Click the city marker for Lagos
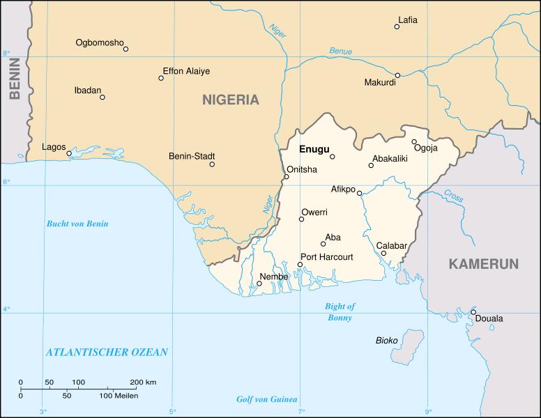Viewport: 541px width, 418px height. [x=69, y=153]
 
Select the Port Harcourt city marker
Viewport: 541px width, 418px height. [x=300, y=265]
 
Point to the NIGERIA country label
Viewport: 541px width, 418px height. [x=230, y=100]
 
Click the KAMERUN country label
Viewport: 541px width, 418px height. [x=483, y=264]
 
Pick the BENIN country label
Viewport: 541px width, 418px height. [x=13, y=86]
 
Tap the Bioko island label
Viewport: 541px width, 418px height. [x=386, y=340]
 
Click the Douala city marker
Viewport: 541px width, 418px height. [x=473, y=311]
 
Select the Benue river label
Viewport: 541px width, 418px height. [x=341, y=51]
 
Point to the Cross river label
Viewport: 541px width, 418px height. [x=453, y=197]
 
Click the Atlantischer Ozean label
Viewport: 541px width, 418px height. [x=107, y=353]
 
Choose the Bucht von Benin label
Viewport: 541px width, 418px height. [x=77, y=224]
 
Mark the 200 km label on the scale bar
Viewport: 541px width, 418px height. [x=143, y=382]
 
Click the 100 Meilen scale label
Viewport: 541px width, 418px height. [x=118, y=396]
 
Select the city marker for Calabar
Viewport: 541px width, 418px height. [x=383, y=253]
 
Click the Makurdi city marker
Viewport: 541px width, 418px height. [x=397, y=75]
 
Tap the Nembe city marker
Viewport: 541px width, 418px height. [x=259, y=284]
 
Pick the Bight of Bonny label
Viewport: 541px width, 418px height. [x=340, y=312]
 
